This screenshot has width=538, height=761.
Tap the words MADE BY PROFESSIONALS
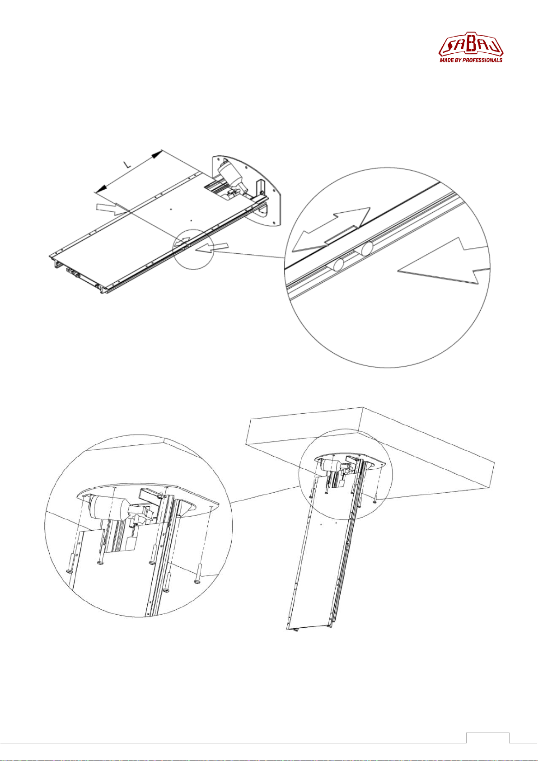click(x=471, y=60)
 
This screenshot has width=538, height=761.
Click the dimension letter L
click(x=127, y=164)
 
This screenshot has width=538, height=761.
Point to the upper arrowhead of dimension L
click(x=156, y=154)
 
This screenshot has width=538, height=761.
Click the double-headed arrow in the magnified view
click(x=331, y=229)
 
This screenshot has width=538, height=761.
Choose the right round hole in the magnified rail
click(x=367, y=249)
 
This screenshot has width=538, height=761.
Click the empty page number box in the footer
click(x=487, y=737)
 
